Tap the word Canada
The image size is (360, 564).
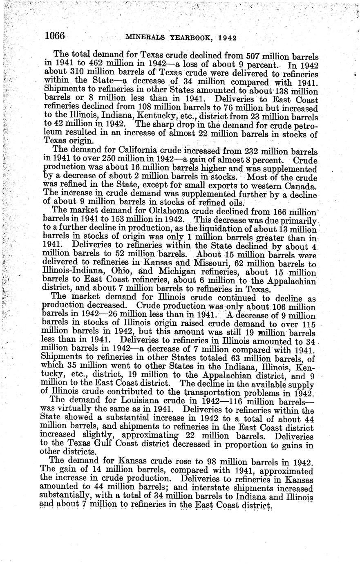pos(298,186)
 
